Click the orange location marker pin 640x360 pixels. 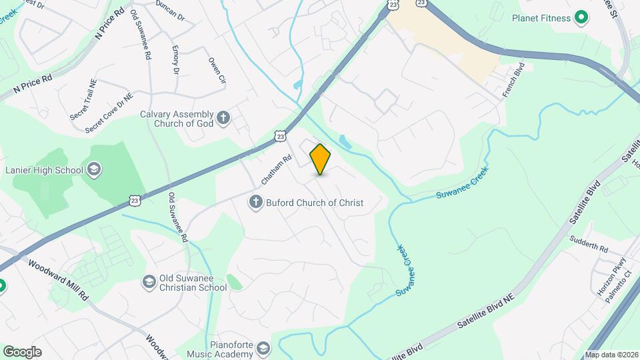click(321, 159)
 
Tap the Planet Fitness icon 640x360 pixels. click(581, 17)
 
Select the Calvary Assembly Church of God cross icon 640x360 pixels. click(223, 118)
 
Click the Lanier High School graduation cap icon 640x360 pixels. click(93, 169)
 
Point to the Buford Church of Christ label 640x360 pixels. click(315, 202)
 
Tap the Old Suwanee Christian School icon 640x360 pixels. click(148, 283)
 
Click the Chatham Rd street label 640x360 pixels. click(277, 170)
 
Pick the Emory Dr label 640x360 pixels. click(175, 60)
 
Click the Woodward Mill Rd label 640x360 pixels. click(57, 279)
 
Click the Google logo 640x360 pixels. click(22, 352)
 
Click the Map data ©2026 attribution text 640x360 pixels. click(611, 355)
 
